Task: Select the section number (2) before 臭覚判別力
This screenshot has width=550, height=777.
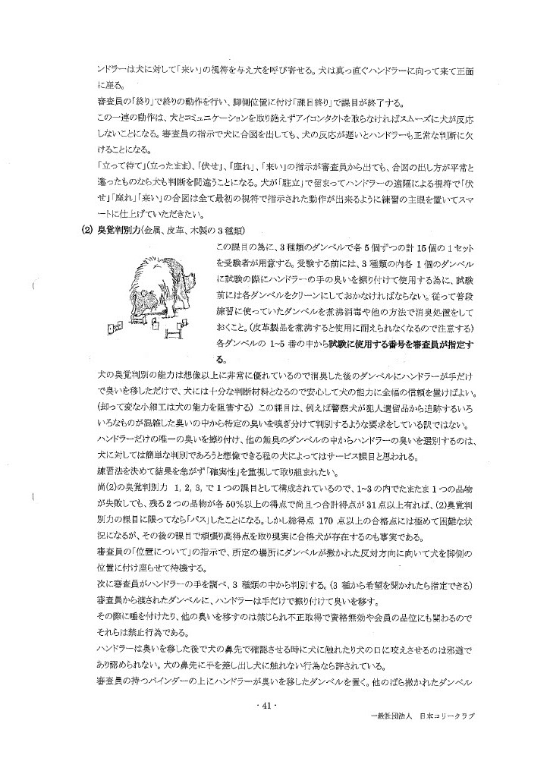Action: (86, 231)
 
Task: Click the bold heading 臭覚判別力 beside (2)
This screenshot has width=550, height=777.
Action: (115, 231)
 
